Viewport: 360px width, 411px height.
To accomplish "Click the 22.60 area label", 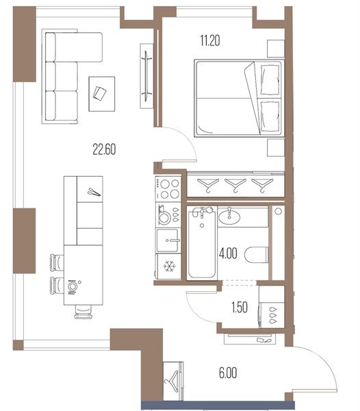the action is coord(104,149).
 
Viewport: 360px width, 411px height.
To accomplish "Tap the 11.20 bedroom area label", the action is coord(210,40).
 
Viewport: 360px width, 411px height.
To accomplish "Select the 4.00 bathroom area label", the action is coord(228,253).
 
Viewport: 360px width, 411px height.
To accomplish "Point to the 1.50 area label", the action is coord(240,307).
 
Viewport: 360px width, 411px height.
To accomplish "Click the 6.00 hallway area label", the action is coord(228,373).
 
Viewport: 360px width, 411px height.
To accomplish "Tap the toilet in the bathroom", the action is coord(257,255).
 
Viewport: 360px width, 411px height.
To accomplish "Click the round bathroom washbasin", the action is coord(229,217).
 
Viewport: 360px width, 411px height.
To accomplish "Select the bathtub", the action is coord(202,242).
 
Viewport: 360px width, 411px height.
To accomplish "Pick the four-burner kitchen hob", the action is coord(168,189).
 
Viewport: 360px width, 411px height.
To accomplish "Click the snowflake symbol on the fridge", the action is coord(170,266).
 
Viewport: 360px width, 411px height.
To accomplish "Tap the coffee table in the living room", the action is coord(101,94).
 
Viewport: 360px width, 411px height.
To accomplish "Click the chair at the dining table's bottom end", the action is coord(83,312).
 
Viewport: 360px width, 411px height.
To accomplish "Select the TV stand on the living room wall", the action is coord(146,76).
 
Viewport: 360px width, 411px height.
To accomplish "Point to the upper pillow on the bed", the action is coord(270,79).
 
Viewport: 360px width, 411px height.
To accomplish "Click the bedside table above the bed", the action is coord(276,49).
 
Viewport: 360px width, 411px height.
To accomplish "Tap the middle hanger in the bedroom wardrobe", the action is coord(235,185).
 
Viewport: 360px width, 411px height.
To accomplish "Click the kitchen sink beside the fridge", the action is coord(168,240).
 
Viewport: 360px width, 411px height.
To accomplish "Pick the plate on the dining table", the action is coord(72,286).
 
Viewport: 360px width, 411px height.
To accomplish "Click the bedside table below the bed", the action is coord(276,148).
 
